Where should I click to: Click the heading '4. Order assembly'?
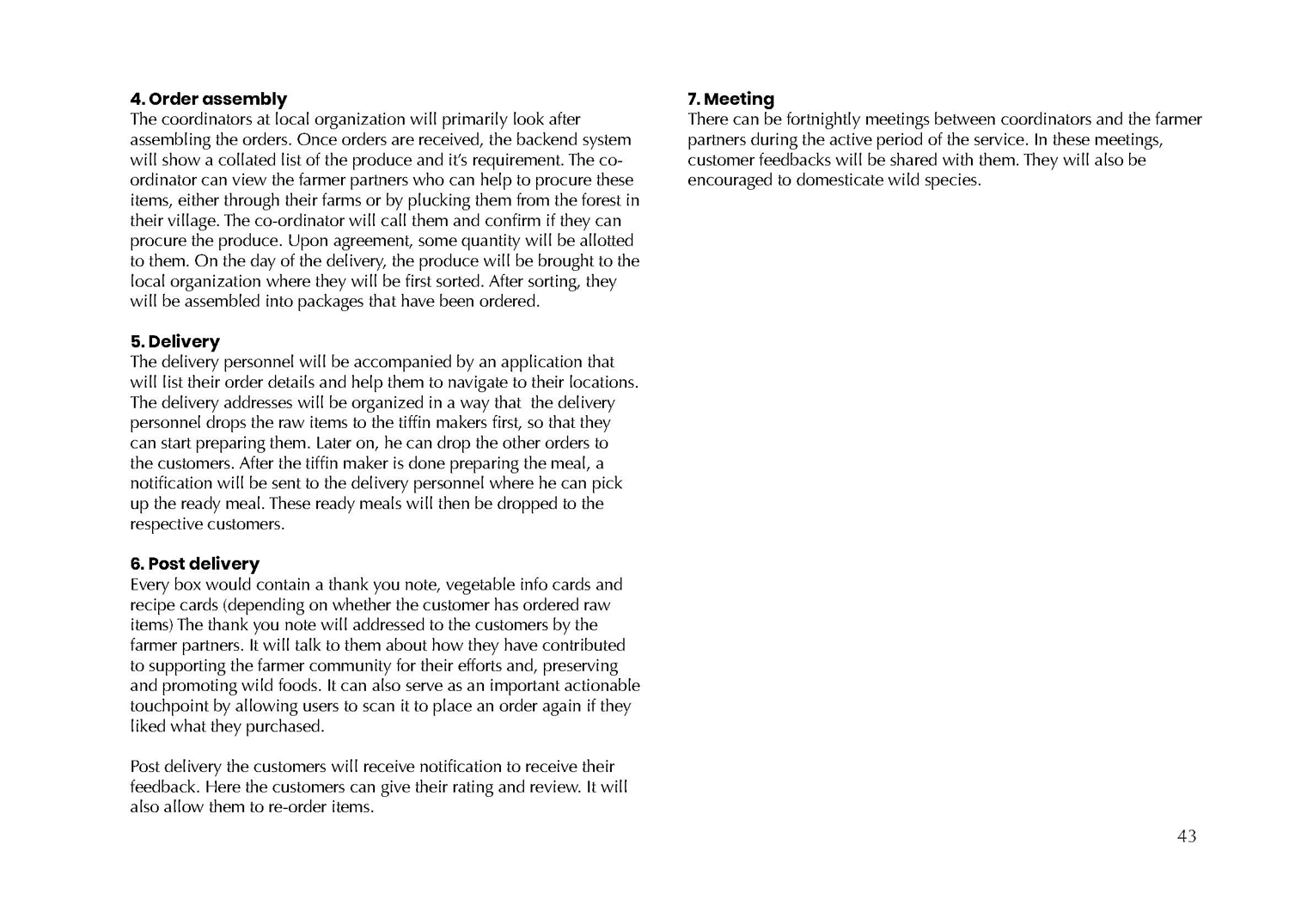tap(208, 99)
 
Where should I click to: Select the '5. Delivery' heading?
tap(175, 341)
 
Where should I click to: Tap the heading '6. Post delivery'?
tap(195, 564)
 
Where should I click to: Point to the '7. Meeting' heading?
tap(730, 99)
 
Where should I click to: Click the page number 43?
tap(1187, 836)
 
